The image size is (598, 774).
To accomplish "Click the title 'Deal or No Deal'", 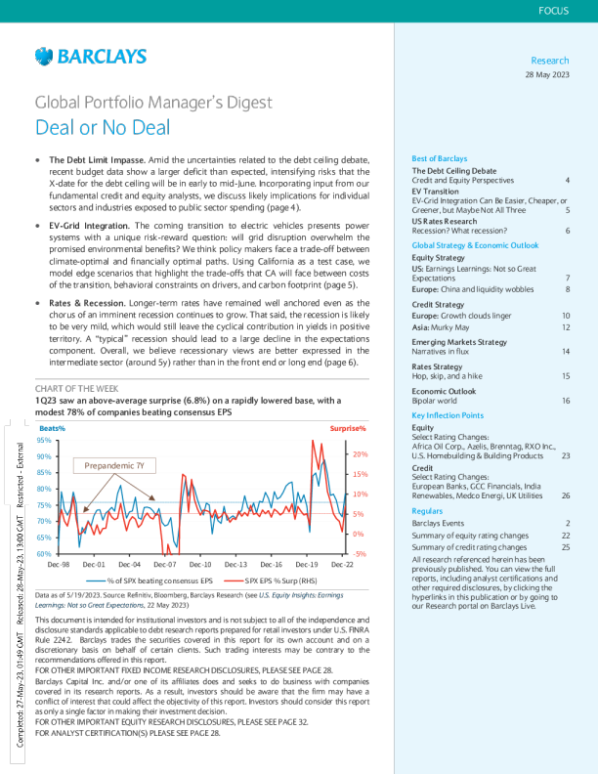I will [103, 127].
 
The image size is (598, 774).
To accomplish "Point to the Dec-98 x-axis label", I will [59, 565].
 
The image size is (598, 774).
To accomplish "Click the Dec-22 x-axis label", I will [343, 565].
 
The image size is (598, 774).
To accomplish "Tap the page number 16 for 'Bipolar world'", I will [566, 373].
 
